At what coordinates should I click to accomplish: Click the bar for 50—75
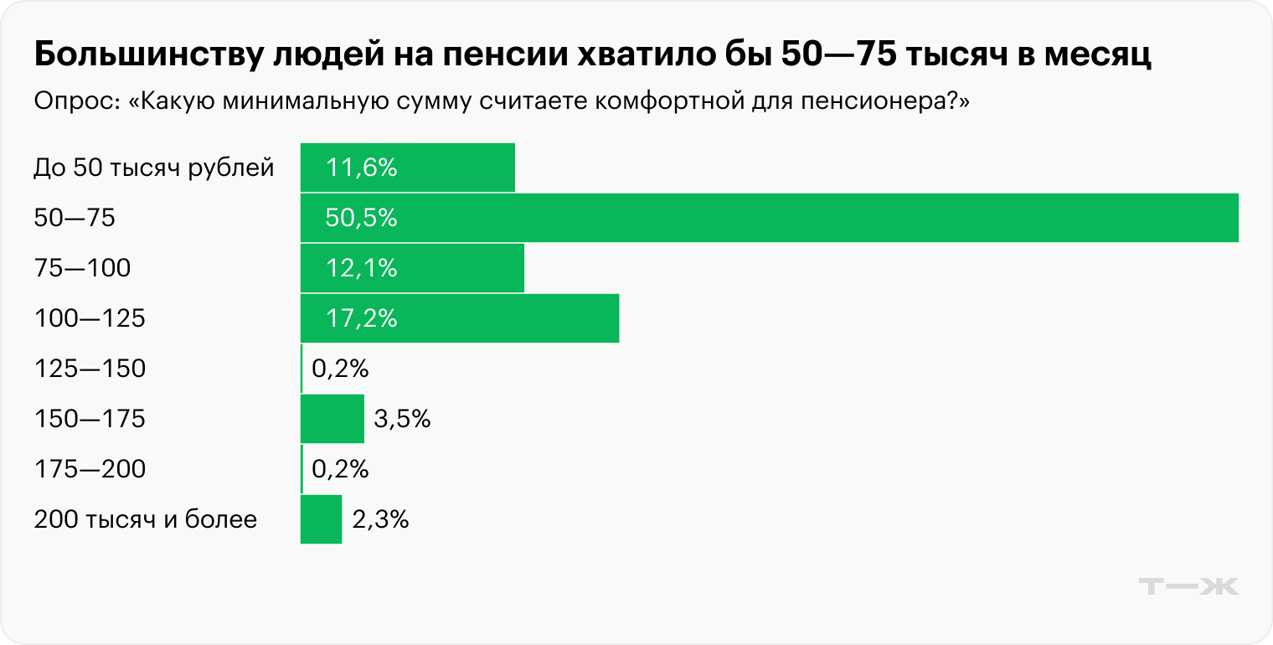769,218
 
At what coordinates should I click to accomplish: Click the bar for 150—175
332,419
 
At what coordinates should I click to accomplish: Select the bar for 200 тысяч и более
321,519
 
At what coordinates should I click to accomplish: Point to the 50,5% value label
361,218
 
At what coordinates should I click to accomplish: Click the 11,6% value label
361,168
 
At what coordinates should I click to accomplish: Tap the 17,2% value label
361,318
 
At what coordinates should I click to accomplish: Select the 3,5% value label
402,419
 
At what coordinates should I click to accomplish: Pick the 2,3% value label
380,519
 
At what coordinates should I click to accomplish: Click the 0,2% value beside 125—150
340,369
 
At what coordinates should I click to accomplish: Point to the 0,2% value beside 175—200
340,469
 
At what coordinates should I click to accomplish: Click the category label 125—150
90,369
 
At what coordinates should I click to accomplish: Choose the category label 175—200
90,469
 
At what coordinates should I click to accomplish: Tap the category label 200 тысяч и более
146,519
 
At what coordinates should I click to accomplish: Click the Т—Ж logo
1190,586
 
